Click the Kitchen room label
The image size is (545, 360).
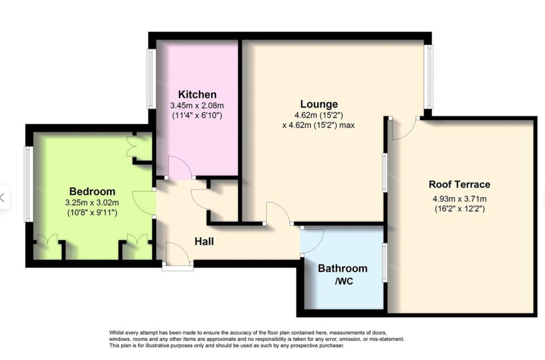click(x=197, y=94)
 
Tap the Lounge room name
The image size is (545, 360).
click(x=319, y=104)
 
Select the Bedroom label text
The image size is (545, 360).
click(x=92, y=191)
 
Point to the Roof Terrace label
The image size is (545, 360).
click(x=459, y=184)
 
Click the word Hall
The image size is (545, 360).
click(x=204, y=241)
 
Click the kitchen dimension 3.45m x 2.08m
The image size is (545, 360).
click(x=197, y=106)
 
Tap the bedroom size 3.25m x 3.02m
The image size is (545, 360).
click(x=92, y=202)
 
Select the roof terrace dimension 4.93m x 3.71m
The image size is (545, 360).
click(x=459, y=199)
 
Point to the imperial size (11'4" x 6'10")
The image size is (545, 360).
click(x=197, y=116)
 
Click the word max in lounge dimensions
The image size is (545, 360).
click(x=347, y=125)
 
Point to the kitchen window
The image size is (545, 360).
click(x=151, y=79)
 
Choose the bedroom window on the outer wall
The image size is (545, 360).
click(x=28, y=184)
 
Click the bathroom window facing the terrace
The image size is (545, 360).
click(x=384, y=263)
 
